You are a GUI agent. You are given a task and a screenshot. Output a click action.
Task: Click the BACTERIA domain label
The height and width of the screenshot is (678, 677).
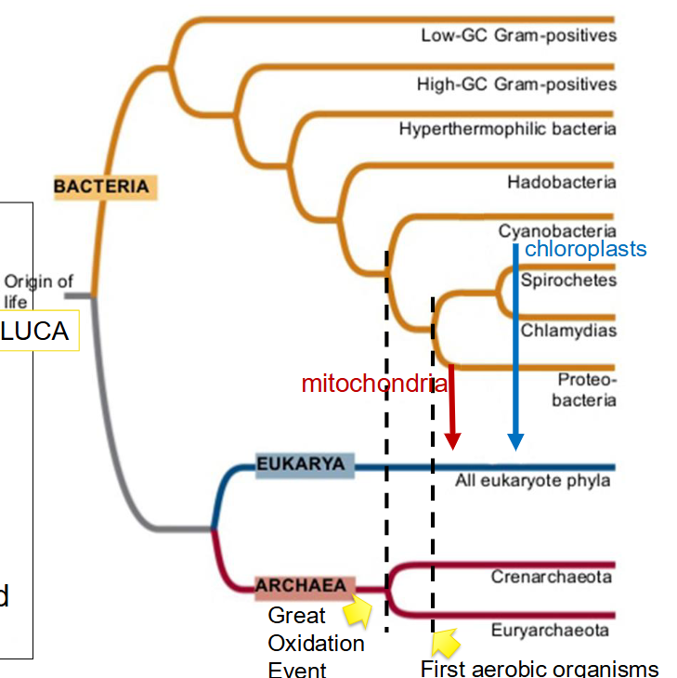pos(101,187)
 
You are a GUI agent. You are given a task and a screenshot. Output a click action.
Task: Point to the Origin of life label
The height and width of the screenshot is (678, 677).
pos(38,290)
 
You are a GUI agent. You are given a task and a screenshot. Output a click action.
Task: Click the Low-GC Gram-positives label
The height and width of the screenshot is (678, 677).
pos(518,35)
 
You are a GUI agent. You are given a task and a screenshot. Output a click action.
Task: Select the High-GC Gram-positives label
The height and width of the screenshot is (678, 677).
pos(516,85)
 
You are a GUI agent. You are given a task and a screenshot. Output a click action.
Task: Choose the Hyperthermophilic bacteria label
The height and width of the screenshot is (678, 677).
pos(507,128)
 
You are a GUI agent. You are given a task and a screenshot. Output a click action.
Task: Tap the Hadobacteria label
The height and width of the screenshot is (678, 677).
pos(561,182)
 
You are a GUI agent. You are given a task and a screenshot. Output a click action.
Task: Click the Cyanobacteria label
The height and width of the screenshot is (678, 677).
pos(556,230)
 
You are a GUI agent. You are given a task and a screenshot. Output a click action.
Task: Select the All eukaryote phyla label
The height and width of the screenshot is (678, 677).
pos(532,480)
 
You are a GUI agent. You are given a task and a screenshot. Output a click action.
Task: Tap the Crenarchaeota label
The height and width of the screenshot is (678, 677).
pos(551,577)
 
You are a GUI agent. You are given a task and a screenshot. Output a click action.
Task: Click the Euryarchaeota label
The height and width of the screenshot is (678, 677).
pos(550,631)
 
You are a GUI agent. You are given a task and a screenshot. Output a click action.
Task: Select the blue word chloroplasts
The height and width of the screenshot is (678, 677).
pos(585,249)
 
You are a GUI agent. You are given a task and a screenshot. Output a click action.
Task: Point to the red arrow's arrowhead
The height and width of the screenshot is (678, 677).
pos(453,440)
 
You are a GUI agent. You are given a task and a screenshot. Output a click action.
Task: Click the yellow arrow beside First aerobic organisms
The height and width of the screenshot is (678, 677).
pos(446,642)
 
